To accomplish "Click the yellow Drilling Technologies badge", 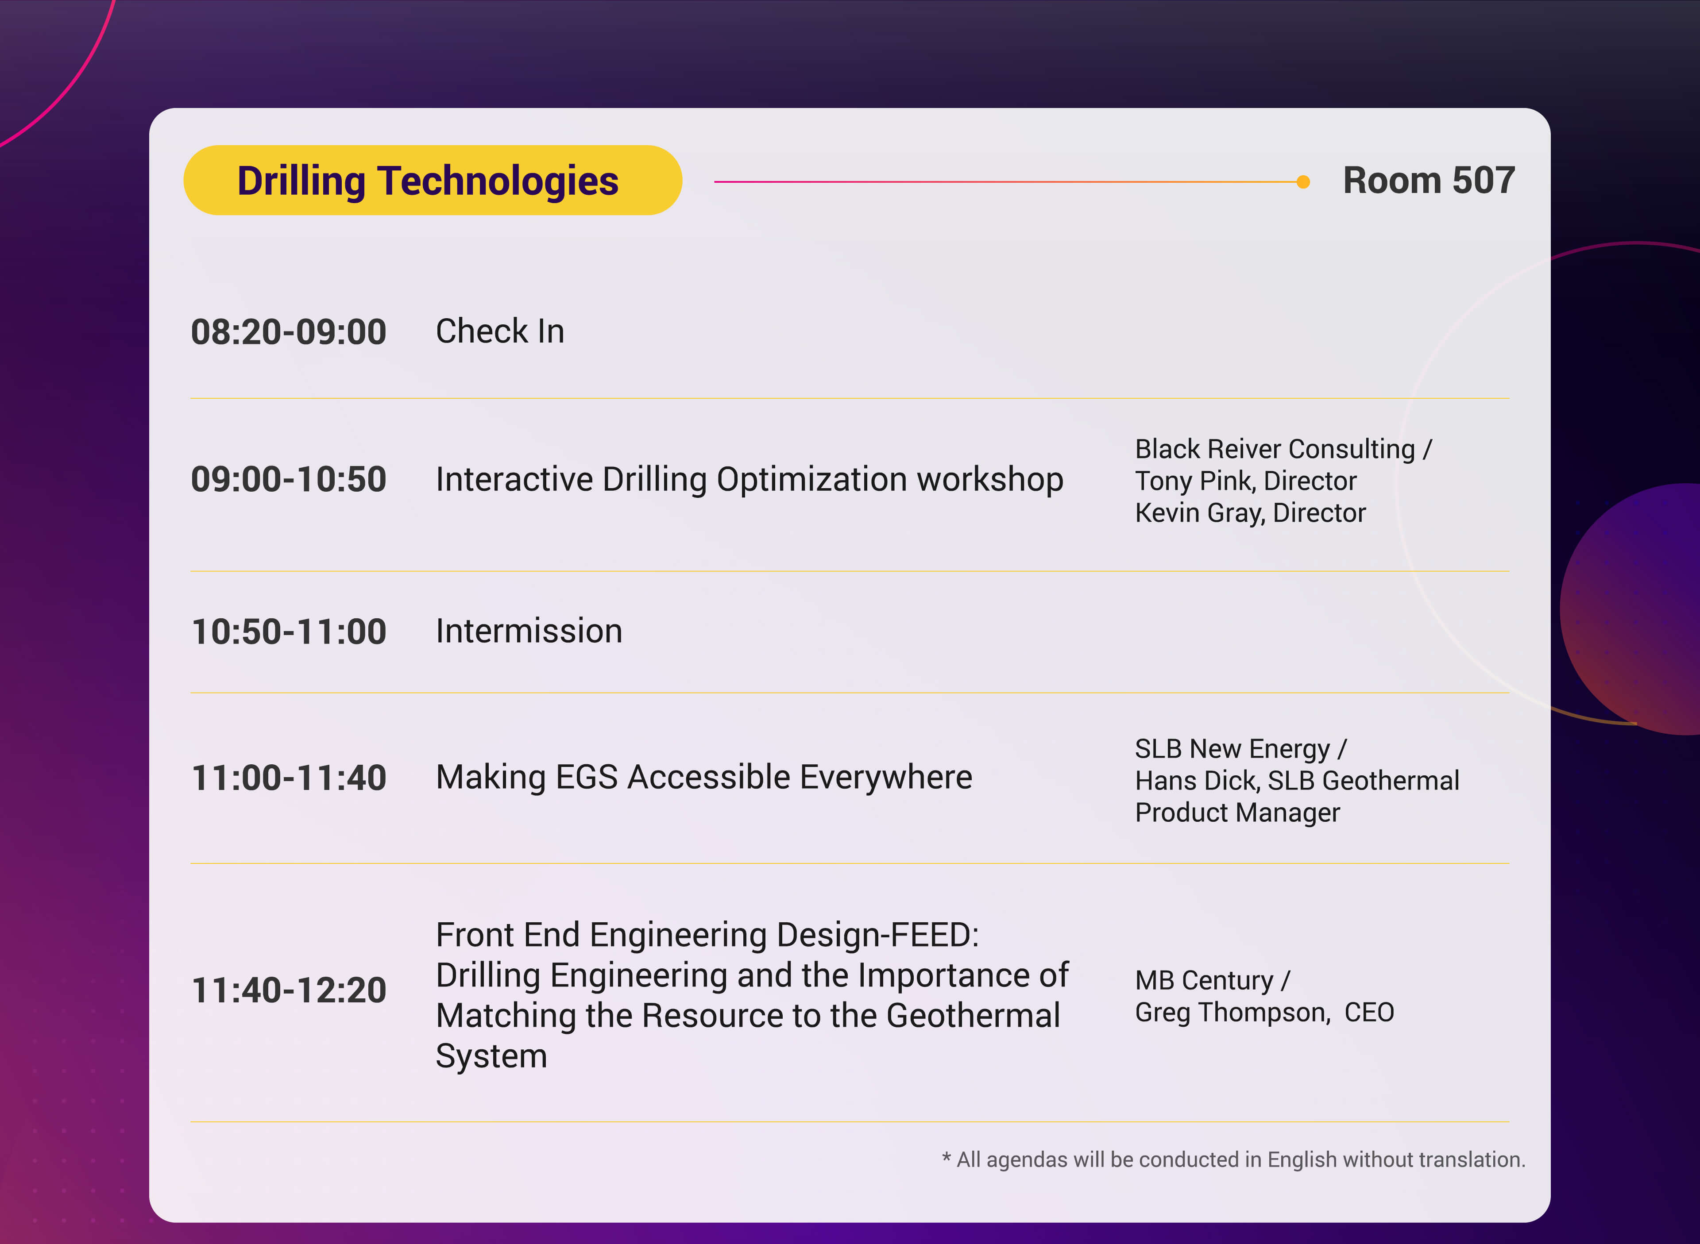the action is point(433,180).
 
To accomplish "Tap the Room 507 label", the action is point(1429,181).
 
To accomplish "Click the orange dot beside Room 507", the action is point(1303,181).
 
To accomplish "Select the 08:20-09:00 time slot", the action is point(289,332).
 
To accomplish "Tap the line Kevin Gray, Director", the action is point(1250,513).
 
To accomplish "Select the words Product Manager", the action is point(1237,813).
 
